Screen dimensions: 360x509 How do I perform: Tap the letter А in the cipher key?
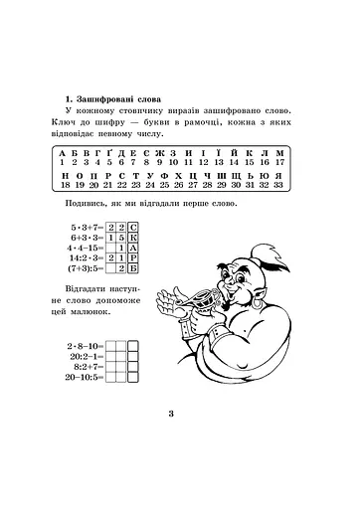click(x=63, y=150)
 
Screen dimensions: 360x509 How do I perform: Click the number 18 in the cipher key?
click(x=65, y=185)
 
